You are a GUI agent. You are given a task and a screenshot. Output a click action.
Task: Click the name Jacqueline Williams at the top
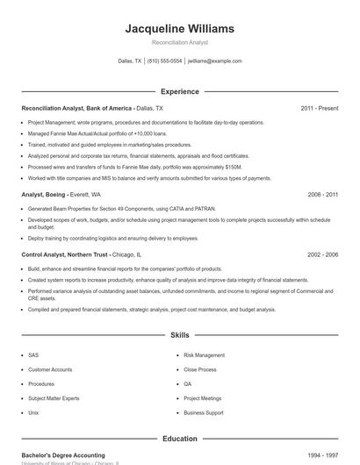pyautogui.click(x=180, y=29)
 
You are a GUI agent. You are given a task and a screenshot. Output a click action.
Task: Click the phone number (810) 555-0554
pyautogui.click(x=164, y=61)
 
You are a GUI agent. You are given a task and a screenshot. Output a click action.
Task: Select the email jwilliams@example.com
pyautogui.click(x=215, y=61)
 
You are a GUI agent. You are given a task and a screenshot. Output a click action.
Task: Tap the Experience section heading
pyautogui.click(x=180, y=91)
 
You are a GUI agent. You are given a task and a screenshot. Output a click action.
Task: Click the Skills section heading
pyautogui.click(x=180, y=335)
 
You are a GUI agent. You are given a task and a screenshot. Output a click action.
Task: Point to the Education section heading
pyautogui.click(x=180, y=439)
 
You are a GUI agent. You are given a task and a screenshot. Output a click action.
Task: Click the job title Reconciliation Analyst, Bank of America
pyautogui.click(x=77, y=108)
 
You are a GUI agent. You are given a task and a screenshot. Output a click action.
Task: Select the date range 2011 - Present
pyautogui.click(x=319, y=108)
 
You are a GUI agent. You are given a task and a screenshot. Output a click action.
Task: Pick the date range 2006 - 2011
pyautogui.click(x=322, y=194)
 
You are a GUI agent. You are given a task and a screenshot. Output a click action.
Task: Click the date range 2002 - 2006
pyautogui.click(x=322, y=254)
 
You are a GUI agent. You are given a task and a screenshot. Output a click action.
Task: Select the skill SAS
pyautogui.click(x=33, y=355)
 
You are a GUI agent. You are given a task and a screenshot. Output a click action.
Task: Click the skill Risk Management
pyautogui.click(x=204, y=355)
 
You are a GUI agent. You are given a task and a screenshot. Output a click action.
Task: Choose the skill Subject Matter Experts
pyautogui.click(x=54, y=398)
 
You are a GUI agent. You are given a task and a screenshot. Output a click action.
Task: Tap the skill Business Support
pyautogui.click(x=203, y=412)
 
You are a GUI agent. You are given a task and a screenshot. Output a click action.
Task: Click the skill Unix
pyautogui.click(x=33, y=412)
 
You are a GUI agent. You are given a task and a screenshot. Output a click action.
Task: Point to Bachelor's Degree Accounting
pyautogui.click(x=63, y=456)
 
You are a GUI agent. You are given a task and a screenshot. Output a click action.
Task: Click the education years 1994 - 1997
pyautogui.click(x=322, y=456)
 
